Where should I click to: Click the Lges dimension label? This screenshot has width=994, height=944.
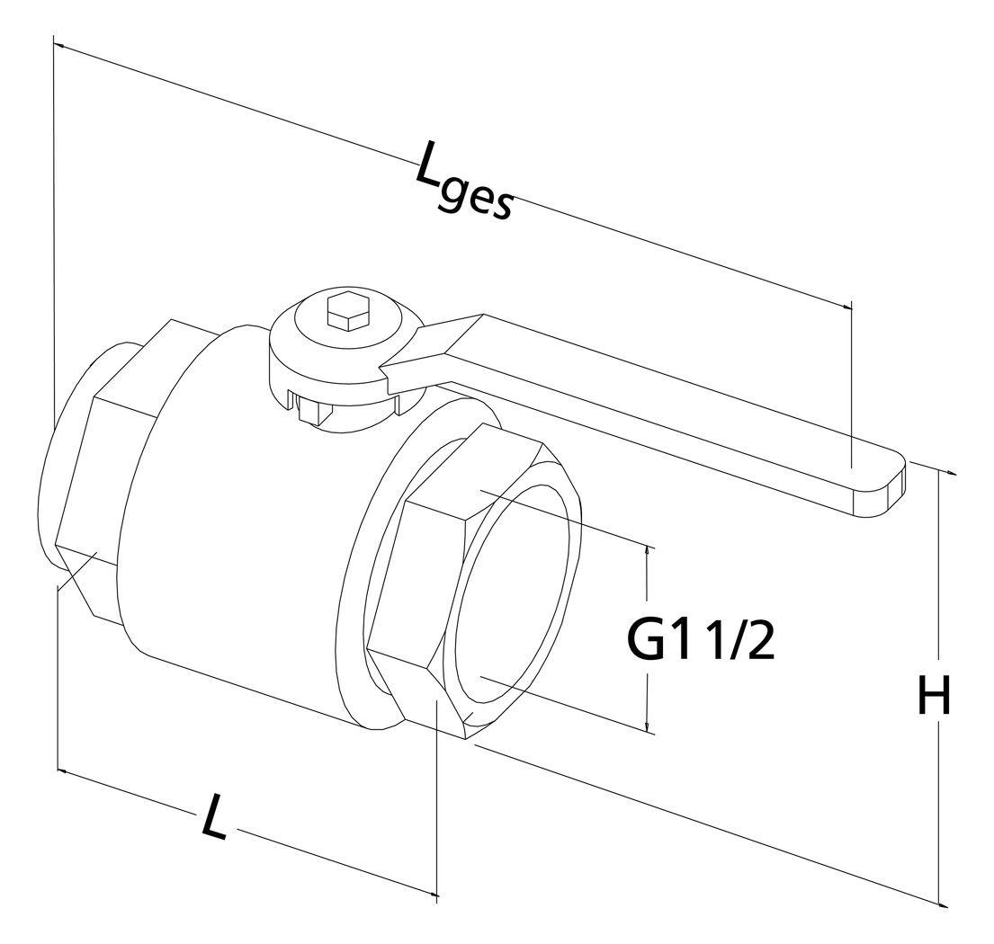click(x=463, y=186)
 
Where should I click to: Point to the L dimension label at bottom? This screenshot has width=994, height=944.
click(x=213, y=815)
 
